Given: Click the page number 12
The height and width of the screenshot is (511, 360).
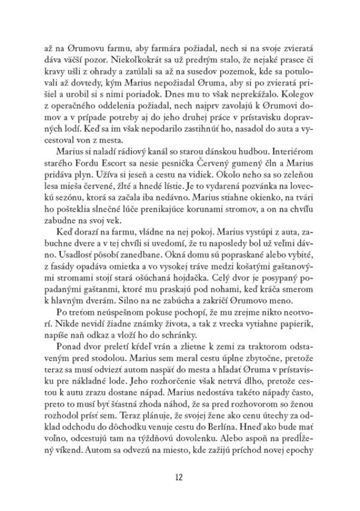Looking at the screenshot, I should click(x=180, y=477).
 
